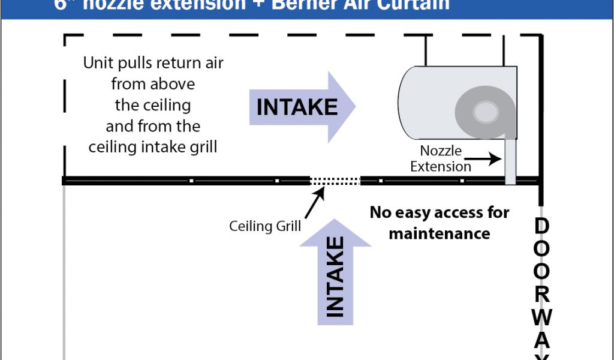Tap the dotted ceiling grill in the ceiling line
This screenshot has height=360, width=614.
point(335,179)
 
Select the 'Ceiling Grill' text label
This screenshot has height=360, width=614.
point(265,227)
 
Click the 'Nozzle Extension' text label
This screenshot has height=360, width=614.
point(441,159)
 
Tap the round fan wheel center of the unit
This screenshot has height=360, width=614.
point(483,111)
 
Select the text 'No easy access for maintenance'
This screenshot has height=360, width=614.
point(440,223)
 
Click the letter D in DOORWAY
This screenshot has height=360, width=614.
point(541,227)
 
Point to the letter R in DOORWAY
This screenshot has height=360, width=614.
point(541,293)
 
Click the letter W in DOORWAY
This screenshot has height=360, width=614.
point(541,316)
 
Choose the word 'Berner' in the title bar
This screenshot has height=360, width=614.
point(312,5)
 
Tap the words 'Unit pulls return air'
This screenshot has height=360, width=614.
point(153,63)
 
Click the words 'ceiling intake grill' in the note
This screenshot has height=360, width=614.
point(153,147)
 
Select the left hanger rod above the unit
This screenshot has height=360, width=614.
point(426,50)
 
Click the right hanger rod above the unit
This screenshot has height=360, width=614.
point(504,50)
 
